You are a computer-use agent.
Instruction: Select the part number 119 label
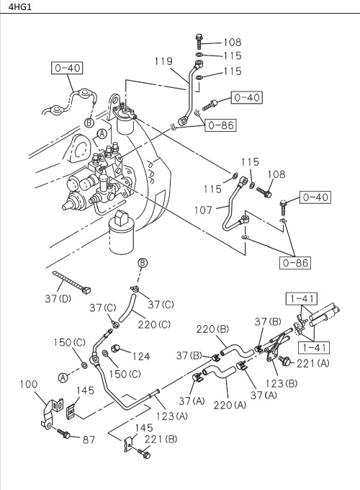point(163,62)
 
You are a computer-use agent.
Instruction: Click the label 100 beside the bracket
point(28,385)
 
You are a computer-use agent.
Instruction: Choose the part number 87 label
point(89,439)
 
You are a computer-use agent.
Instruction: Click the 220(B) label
point(212,330)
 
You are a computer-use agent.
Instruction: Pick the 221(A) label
point(312,363)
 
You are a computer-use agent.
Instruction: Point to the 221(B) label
point(161,440)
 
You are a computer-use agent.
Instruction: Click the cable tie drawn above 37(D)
point(71,283)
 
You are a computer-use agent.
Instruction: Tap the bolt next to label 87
point(65,435)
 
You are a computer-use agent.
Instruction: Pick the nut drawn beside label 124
point(116,352)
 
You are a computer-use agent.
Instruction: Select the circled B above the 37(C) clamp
point(143,263)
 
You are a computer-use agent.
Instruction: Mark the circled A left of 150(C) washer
point(63,377)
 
